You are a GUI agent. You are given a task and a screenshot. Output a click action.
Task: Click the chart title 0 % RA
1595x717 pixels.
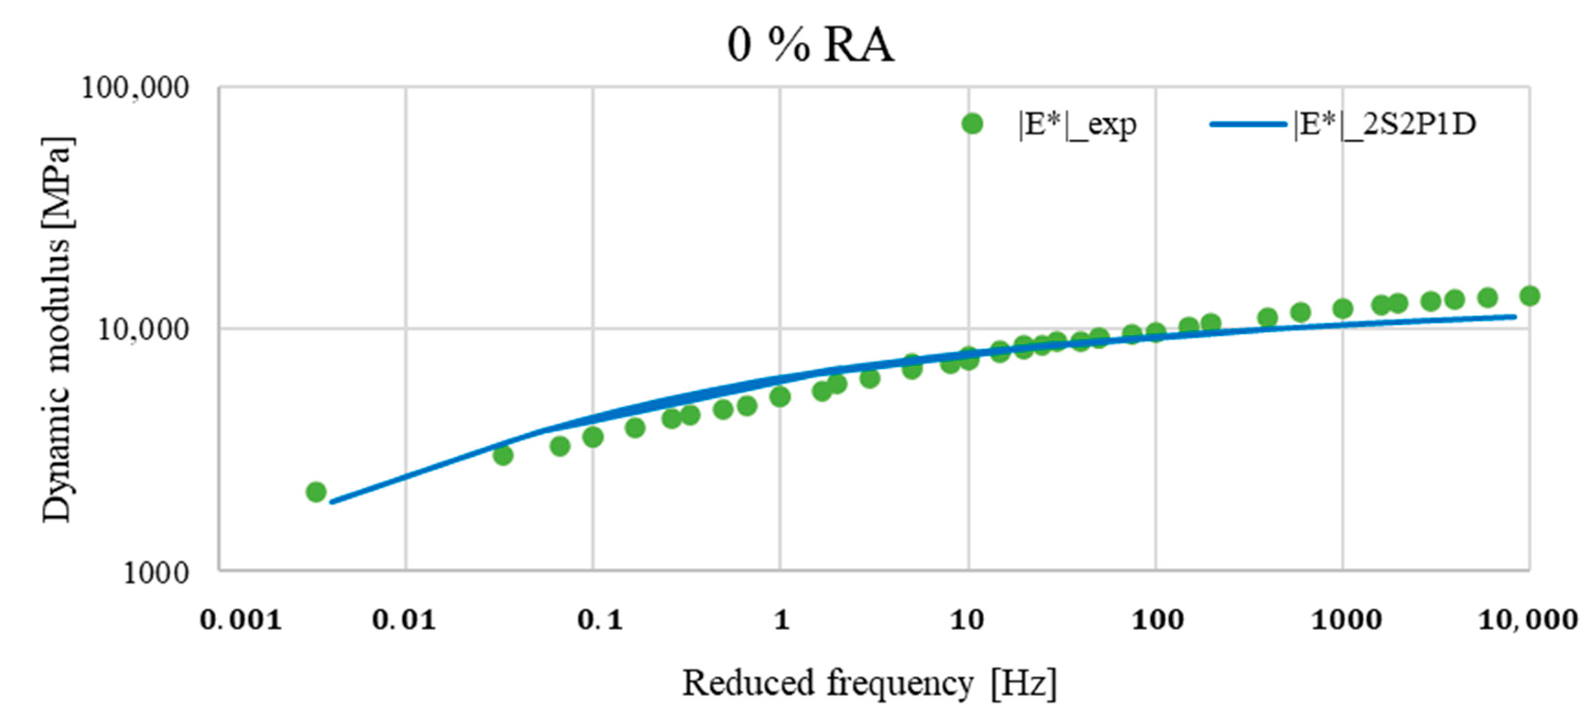pyautogui.click(x=810, y=45)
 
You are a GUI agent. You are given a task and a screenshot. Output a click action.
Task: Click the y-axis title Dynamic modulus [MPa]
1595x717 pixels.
pyautogui.click(x=57, y=329)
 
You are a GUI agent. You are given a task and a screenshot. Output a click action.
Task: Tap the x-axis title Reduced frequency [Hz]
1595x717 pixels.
pyautogui.click(x=869, y=684)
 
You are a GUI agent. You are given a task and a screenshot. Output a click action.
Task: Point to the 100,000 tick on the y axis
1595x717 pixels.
pyautogui.click(x=135, y=88)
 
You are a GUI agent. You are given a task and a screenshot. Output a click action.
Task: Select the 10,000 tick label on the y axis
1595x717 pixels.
pyautogui.click(x=143, y=329)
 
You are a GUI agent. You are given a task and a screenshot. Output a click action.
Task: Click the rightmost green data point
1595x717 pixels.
pyautogui.click(x=1529, y=296)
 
